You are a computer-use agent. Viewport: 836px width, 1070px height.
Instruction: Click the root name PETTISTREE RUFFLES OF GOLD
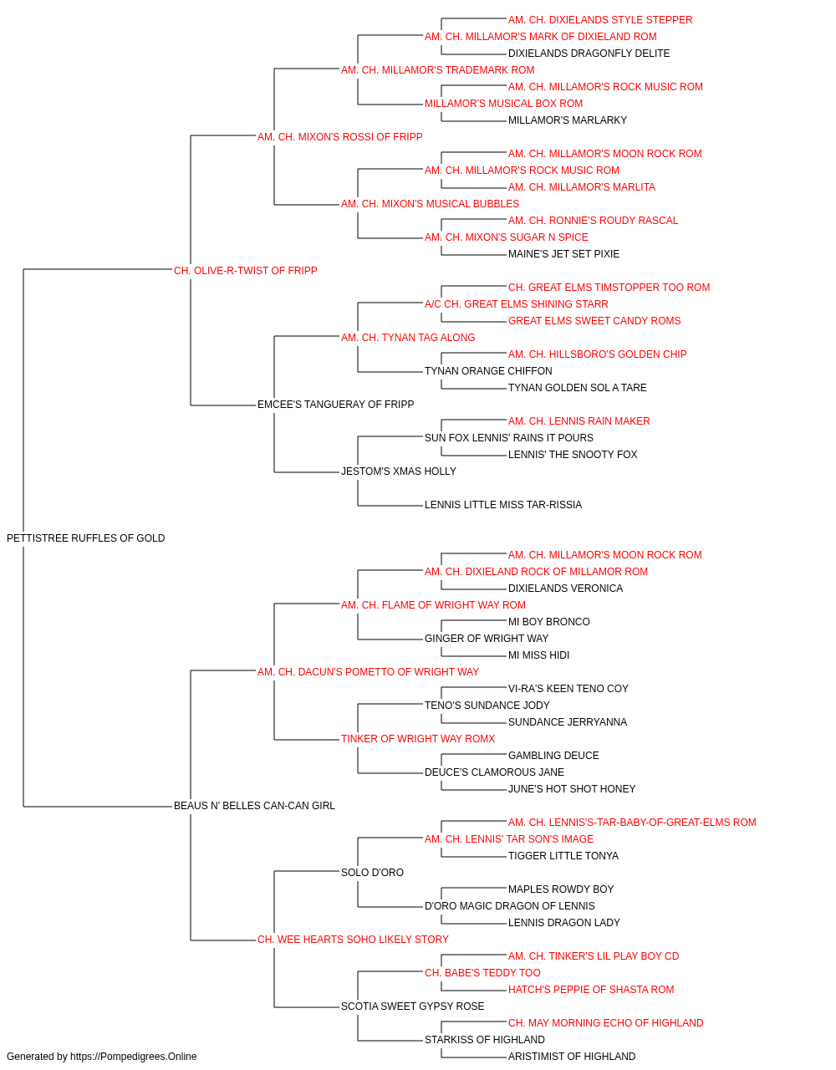[85, 538]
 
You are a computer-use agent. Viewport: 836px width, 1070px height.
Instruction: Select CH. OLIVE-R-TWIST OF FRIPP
[245, 271]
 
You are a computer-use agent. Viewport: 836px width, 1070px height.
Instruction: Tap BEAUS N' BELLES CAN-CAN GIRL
[254, 806]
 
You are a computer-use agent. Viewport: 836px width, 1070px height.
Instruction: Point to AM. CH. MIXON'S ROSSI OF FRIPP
[339, 137]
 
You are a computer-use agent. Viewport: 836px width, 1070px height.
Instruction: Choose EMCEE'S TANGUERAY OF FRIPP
[336, 405]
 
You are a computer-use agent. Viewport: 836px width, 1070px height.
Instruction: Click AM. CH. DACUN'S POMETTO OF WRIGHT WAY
[369, 672]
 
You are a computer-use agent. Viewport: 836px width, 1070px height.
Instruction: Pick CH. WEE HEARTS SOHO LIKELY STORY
[353, 940]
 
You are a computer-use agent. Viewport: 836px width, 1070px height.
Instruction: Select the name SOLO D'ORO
[372, 873]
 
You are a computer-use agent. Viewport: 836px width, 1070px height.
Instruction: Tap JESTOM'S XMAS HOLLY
[399, 471]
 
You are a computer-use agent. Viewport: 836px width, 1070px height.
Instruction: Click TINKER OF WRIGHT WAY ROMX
[418, 739]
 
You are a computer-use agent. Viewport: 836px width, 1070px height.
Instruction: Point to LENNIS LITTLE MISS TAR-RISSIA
[503, 505]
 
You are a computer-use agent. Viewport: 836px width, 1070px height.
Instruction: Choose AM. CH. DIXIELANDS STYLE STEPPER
[600, 20]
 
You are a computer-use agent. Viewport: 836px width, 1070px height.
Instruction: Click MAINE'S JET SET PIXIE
[563, 254]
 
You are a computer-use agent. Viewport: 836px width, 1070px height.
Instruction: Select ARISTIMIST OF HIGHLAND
[572, 1057]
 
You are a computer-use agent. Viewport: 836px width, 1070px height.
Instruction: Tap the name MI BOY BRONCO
[549, 622]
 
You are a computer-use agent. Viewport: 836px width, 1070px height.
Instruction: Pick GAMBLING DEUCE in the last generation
[553, 756]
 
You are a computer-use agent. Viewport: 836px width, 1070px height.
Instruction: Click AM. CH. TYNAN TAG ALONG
[408, 338]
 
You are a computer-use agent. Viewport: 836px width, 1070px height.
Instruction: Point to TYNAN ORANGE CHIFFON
[488, 371]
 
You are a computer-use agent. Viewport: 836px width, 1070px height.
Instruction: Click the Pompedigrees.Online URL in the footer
[134, 1057]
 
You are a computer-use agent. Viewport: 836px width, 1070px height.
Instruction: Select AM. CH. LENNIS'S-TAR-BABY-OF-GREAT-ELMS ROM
[632, 823]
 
